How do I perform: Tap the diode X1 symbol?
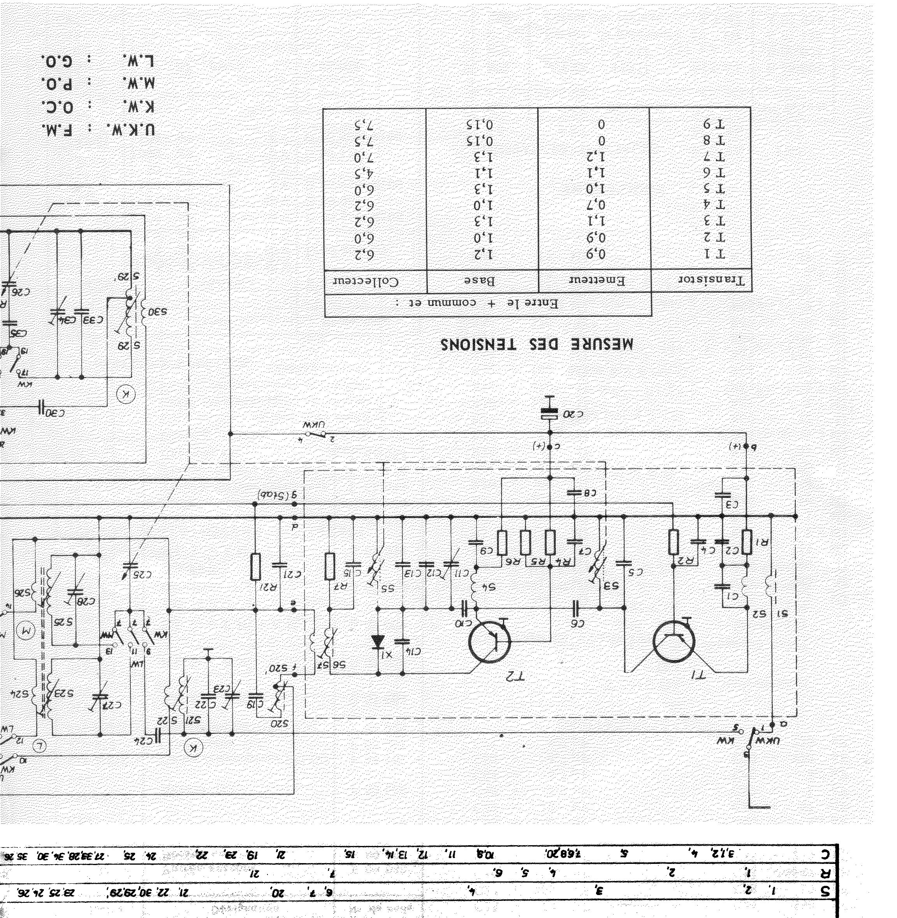pos(377,642)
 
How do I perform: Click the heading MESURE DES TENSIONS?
pos(537,344)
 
